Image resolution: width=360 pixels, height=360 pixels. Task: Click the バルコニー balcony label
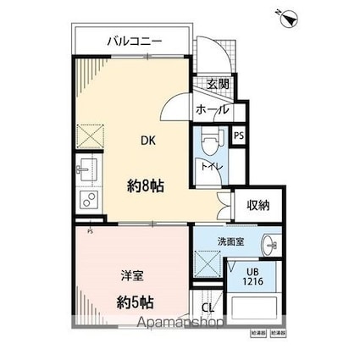coord(135,41)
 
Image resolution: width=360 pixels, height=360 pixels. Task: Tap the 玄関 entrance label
coord(217,84)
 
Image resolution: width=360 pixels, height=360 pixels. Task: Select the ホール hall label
coord(212,109)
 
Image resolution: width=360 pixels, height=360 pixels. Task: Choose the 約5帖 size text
coord(135,300)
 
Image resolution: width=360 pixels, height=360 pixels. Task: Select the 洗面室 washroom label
coord(230,241)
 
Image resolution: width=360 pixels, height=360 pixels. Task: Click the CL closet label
coord(208,307)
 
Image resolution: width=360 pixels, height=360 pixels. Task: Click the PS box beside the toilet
coord(239,135)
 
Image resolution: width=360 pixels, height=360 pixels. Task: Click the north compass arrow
coord(290,16)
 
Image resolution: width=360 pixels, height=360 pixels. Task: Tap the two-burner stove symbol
coord(88,201)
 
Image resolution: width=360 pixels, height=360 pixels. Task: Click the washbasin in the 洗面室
coord(270,245)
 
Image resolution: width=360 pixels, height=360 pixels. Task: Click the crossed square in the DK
coord(90,136)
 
